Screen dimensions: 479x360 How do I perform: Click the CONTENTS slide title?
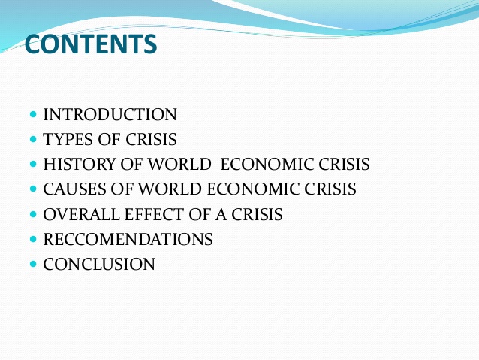click(91, 44)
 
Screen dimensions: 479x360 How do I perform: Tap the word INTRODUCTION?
click(110, 115)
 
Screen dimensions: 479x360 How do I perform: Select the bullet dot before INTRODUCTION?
click(33, 115)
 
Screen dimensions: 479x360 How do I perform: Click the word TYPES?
click(68, 140)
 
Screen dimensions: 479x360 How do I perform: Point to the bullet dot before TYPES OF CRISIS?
click(33, 140)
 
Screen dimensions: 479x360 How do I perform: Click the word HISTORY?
click(80, 165)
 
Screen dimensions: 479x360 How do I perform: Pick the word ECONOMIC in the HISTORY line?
click(267, 165)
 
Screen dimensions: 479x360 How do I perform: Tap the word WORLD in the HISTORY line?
click(180, 165)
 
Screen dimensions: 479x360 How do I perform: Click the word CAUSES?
click(76, 189)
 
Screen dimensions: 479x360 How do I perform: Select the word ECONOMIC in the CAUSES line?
click(254, 189)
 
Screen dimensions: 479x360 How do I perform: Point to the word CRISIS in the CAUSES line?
click(330, 189)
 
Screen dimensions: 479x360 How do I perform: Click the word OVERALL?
click(82, 214)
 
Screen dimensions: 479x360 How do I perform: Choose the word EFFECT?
click(154, 214)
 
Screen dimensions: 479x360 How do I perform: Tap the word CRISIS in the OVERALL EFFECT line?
click(257, 214)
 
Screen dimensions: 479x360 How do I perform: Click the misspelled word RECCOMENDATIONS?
click(128, 239)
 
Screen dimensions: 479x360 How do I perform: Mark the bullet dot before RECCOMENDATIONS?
click(33, 239)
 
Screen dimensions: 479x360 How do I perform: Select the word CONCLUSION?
click(99, 264)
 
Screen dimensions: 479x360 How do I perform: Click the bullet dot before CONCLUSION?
click(33, 264)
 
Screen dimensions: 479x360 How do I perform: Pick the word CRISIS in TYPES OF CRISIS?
click(151, 140)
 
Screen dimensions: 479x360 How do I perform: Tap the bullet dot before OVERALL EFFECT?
click(33, 214)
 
